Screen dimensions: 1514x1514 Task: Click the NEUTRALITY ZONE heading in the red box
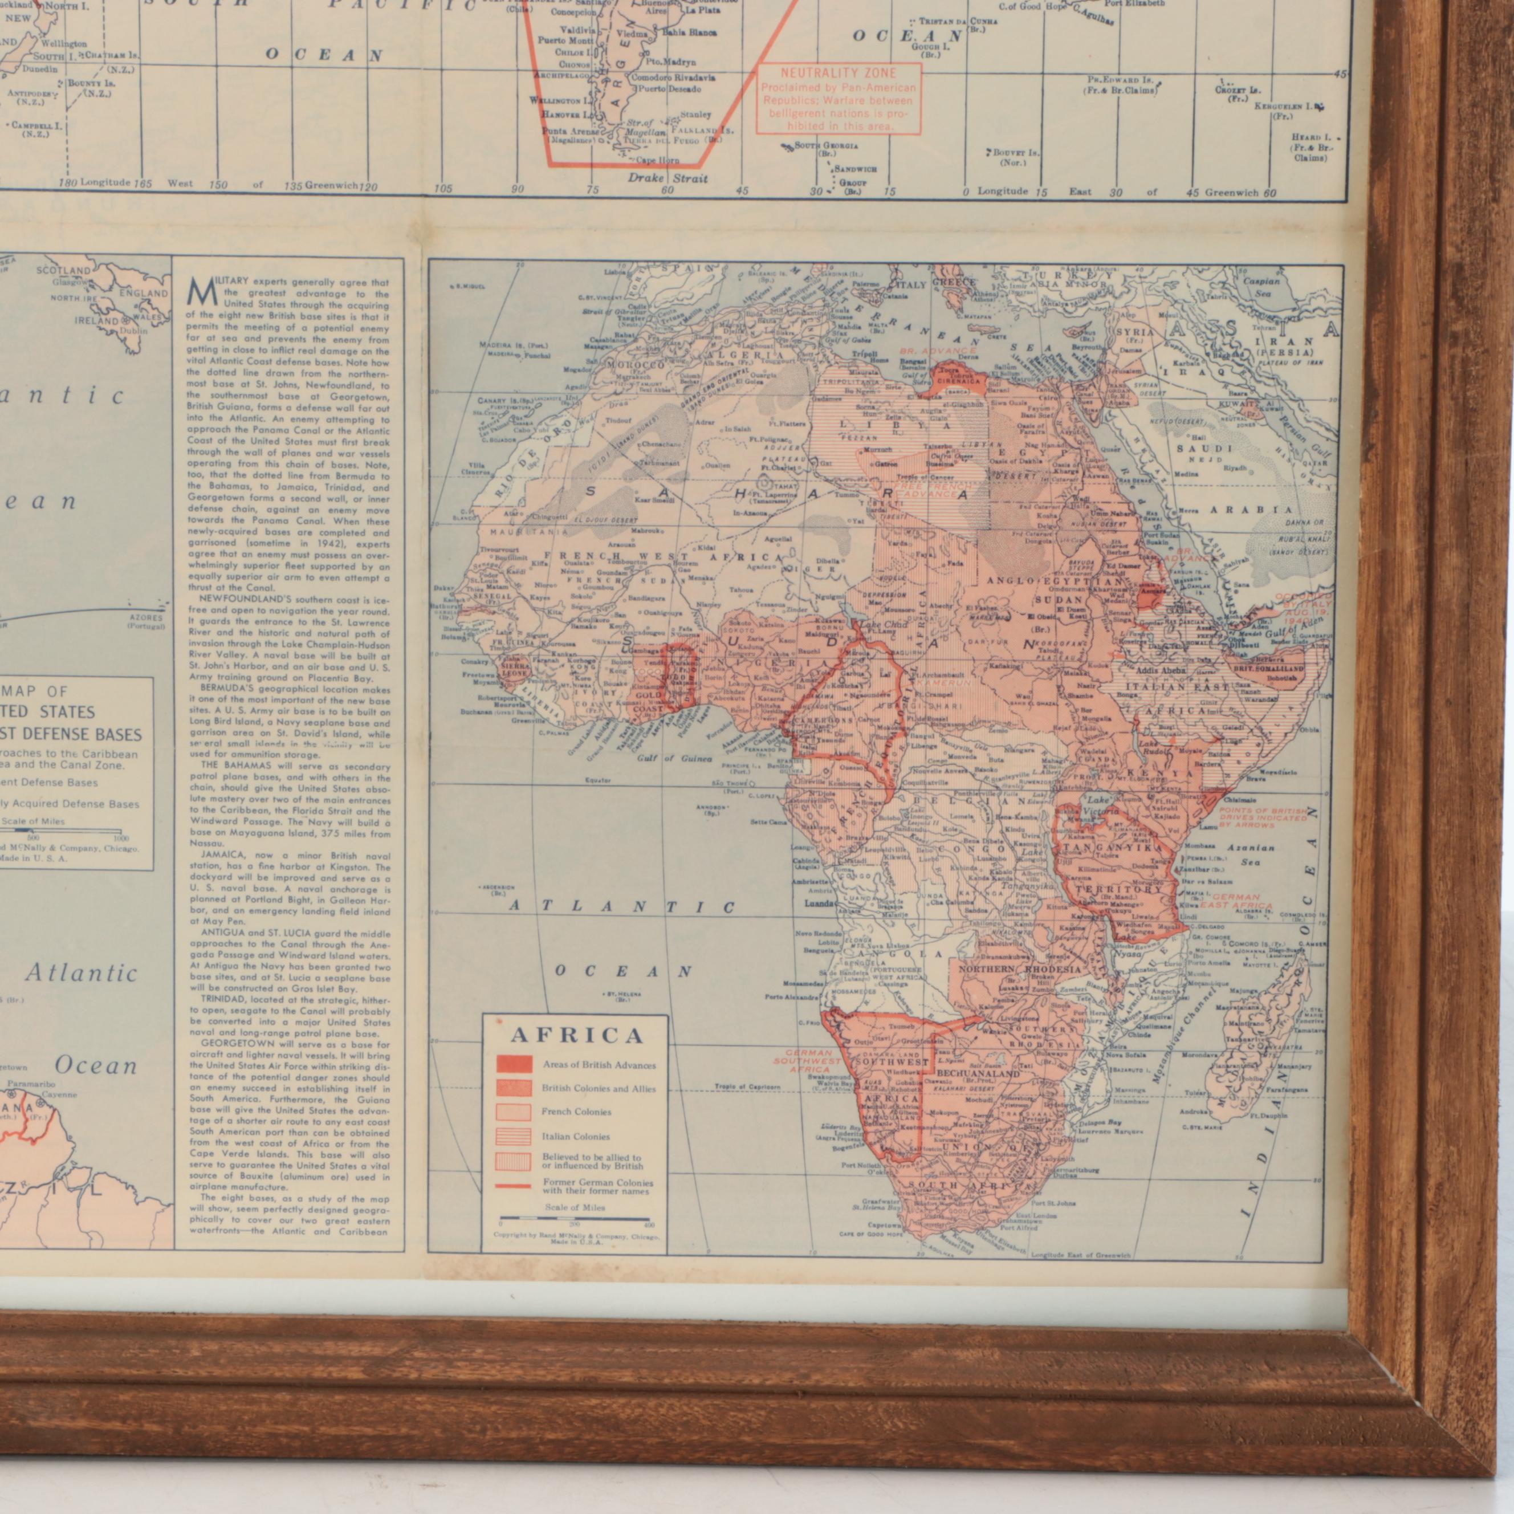pyautogui.click(x=838, y=73)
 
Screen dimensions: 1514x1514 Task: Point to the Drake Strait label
pyautogui.click(x=668, y=178)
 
